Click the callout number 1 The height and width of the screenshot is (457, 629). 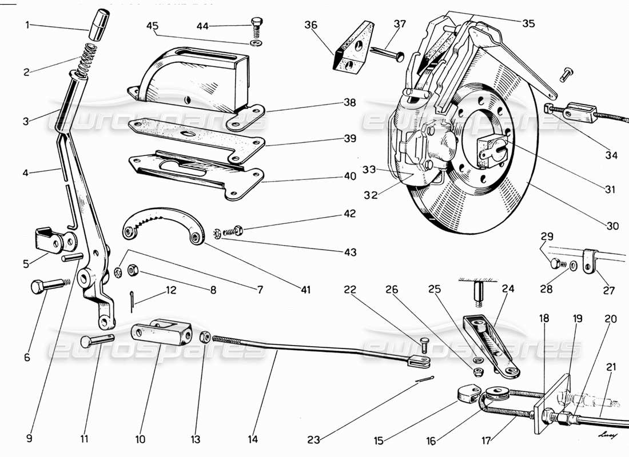pos(27,25)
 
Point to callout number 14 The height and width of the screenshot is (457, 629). pos(253,439)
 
